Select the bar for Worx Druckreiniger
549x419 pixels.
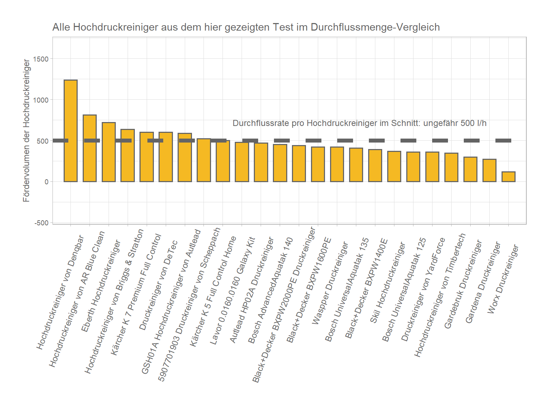coord(508,177)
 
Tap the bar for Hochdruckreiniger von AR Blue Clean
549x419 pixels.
coord(90,148)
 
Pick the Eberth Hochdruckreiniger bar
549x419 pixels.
coord(109,152)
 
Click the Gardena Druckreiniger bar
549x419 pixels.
coord(489,170)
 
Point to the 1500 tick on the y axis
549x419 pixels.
coord(41,59)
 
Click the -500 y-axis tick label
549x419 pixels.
coord(41,223)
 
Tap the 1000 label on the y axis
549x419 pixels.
coord(41,100)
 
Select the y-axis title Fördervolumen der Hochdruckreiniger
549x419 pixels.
coord(26,131)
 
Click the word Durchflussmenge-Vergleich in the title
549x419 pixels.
coord(375,27)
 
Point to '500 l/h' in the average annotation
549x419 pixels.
coord(473,123)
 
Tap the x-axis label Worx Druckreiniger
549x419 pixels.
coord(503,279)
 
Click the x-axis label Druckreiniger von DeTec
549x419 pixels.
coord(158,285)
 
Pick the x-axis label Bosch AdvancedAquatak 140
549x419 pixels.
coord(270,290)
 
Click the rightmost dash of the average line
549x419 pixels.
coord(503,140)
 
